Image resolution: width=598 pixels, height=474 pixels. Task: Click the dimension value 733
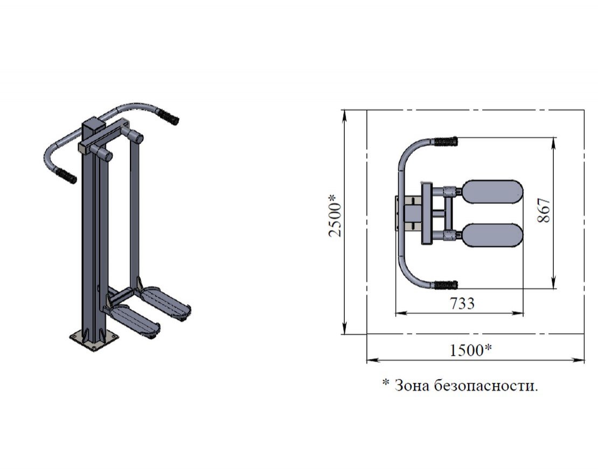(462, 304)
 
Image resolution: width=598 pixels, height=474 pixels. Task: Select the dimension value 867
(544, 210)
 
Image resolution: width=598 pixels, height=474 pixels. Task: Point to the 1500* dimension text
(471, 349)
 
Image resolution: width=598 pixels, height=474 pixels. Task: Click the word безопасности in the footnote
(486, 386)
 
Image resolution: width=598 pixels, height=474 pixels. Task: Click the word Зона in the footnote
(412, 386)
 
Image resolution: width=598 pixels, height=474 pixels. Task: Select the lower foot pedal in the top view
(492, 235)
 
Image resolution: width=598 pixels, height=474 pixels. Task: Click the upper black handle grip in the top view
(445, 142)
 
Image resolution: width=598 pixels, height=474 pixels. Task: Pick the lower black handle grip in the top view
(445, 285)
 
